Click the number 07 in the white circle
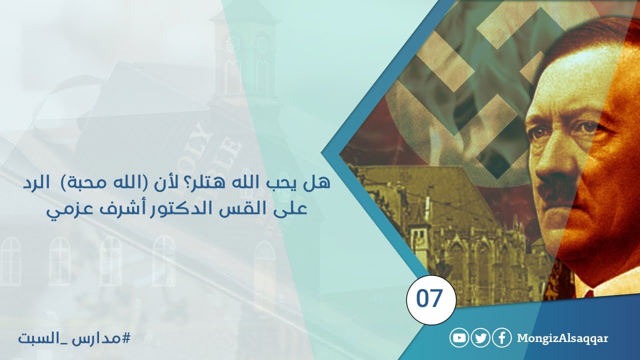pyautogui.click(x=430, y=299)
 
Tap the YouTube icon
pyautogui.click(x=459, y=338)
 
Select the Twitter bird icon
pyautogui.click(x=480, y=338)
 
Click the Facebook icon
pyautogui.click(x=501, y=338)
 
